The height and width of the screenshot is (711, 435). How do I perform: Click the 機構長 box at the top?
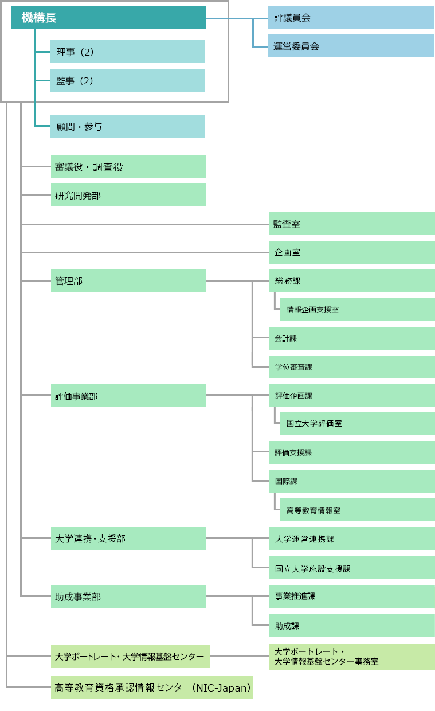click(x=109, y=17)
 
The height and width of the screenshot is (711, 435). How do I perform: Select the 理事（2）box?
click(x=128, y=52)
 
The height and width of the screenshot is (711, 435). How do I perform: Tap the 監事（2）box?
click(x=128, y=80)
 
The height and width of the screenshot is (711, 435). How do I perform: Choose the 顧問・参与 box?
click(x=128, y=126)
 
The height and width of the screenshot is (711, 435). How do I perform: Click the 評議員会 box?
click(x=351, y=17)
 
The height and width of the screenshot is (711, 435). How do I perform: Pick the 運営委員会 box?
click(x=351, y=46)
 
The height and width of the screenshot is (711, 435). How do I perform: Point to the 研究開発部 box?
click(x=128, y=195)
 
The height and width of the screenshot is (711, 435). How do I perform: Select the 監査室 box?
click(x=352, y=224)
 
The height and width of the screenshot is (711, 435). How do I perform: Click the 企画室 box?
click(x=352, y=252)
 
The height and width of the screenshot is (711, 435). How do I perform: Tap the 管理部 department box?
click(x=128, y=281)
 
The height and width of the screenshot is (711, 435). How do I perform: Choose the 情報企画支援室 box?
click(x=358, y=310)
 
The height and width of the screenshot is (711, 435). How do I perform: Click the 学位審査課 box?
click(x=352, y=367)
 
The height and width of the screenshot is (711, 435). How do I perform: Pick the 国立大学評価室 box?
click(x=358, y=423)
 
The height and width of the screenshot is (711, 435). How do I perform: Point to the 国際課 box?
click(x=352, y=481)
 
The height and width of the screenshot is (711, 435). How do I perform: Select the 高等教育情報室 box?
click(x=358, y=510)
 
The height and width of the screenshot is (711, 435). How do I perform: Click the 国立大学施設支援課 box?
click(x=352, y=568)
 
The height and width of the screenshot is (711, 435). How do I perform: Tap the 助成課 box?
click(x=352, y=626)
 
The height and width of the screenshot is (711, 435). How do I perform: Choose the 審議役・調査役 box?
click(x=128, y=166)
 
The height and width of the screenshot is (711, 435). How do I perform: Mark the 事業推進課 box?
click(x=352, y=596)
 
